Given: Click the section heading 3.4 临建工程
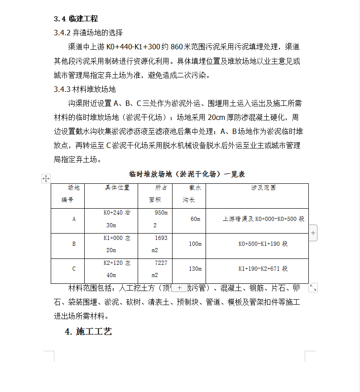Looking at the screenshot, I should [76, 19].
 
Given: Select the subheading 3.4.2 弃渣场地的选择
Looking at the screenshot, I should [88, 33].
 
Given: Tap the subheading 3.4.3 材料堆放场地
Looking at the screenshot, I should [85, 89].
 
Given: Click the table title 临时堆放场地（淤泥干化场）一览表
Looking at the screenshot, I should [187, 174].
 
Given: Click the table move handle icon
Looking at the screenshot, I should [46, 178].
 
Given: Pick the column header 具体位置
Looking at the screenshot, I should [117, 187].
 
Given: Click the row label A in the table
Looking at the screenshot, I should [74, 219].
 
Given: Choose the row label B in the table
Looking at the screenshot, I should [74, 244].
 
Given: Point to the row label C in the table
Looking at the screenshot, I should [74, 269].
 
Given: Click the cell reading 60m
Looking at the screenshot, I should [195, 219].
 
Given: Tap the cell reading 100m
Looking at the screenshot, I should [195, 244].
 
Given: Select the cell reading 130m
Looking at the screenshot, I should [195, 269].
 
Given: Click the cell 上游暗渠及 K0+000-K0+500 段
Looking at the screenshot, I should [263, 219].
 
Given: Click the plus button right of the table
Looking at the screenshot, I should [313, 233].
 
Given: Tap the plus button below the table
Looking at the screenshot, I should [179, 287].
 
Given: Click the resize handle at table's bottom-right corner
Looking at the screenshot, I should [313, 287].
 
